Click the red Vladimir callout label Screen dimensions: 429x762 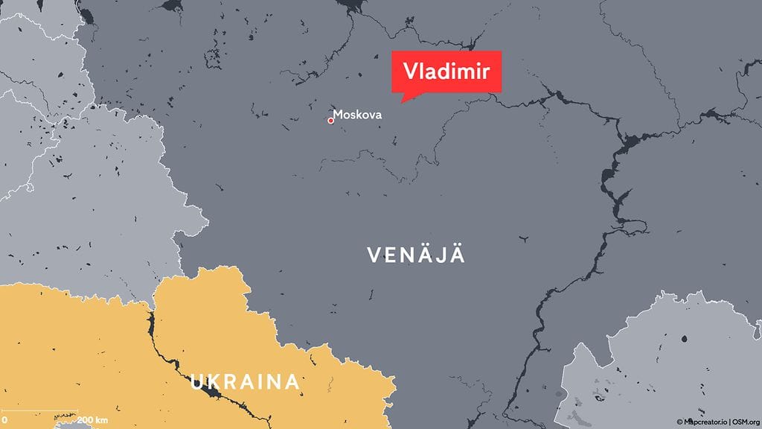446,71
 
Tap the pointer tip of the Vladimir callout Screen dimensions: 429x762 403,101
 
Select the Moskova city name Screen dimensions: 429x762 357,115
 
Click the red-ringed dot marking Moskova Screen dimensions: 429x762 330,120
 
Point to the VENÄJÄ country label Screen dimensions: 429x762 416,255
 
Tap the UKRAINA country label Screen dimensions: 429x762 245,383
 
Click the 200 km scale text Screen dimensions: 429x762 92,420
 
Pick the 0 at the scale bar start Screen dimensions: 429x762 4,420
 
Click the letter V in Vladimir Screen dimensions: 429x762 409,71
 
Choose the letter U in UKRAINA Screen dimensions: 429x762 197,383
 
